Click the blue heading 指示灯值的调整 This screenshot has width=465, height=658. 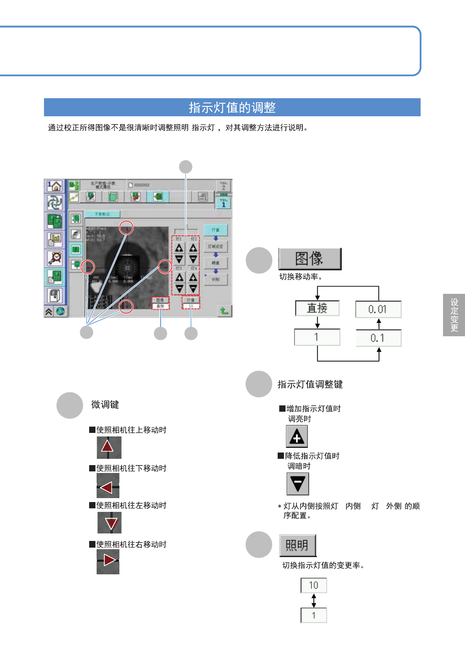click(x=232, y=107)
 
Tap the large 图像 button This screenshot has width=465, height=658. click(x=309, y=258)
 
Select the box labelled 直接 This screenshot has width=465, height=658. click(x=317, y=308)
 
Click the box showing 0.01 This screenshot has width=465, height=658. click(x=378, y=310)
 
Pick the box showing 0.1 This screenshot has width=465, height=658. click(x=378, y=338)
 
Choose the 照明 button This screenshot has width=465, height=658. click(x=297, y=545)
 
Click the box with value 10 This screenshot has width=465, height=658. click(x=313, y=585)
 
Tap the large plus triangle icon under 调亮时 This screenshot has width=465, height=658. click(x=297, y=436)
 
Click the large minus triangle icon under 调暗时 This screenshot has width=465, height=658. click(x=298, y=484)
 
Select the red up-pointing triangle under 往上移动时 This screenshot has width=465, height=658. click(x=108, y=447)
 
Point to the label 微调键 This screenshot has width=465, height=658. click(x=105, y=405)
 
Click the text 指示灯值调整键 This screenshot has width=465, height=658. click(x=310, y=384)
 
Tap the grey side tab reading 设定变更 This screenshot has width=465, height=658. click(x=454, y=315)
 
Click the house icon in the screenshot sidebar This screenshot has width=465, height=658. click(x=55, y=186)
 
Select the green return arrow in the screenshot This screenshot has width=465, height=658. click(x=224, y=311)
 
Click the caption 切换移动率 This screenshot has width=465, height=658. click(x=300, y=277)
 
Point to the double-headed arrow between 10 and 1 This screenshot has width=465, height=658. click(x=313, y=600)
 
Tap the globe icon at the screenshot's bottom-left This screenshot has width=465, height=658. click(x=60, y=312)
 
